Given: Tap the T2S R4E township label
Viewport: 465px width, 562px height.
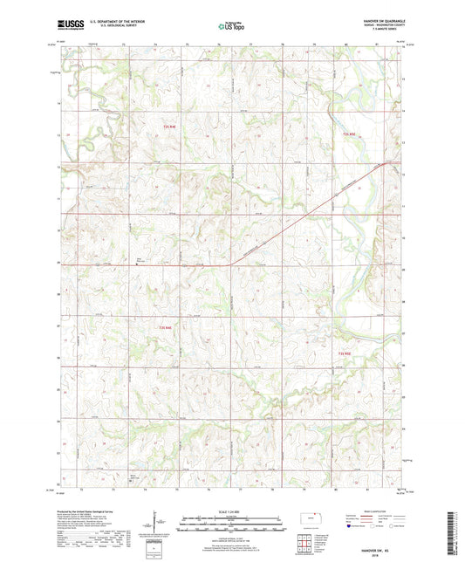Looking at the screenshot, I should pos(171,127).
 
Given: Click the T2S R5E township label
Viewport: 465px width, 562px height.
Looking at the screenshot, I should pos(350,134).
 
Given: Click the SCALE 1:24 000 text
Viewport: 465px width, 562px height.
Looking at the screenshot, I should pos(231,511).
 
